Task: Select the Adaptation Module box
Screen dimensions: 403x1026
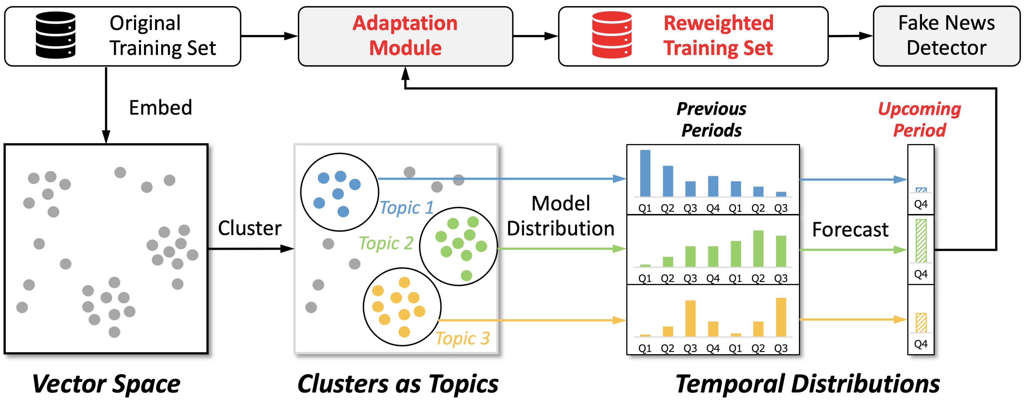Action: tap(405, 36)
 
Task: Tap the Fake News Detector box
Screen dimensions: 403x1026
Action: tap(946, 36)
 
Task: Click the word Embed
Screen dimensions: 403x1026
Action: tap(161, 108)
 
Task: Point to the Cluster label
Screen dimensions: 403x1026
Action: tap(249, 228)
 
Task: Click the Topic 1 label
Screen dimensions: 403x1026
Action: tap(406, 208)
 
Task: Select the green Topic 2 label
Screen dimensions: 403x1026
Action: tap(386, 243)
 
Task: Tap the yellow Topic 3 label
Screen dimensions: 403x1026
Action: tap(462, 339)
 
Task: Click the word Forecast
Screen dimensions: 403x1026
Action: tap(850, 230)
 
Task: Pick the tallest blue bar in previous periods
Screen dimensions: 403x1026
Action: tap(645, 173)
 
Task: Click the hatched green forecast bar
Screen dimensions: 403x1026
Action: tap(921, 241)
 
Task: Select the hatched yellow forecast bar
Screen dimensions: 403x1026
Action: tap(921, 323)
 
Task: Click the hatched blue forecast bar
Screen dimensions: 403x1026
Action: tap(921, 190)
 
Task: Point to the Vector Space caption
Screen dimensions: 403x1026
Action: tap(106, 384)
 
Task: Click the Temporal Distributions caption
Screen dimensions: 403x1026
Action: tap(807, 384)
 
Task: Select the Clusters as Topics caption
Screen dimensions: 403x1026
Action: tap(397, 384)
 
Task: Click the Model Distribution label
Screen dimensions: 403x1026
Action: tap(560, 216)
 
